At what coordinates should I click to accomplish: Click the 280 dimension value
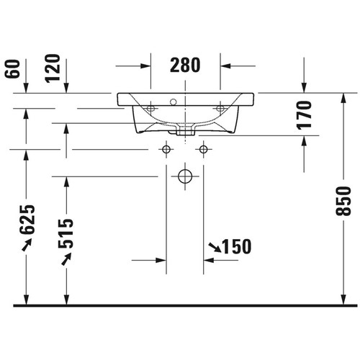[186, 66]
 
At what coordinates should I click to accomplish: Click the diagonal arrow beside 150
[215, 248]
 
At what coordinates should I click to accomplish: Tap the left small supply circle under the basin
[167, 150]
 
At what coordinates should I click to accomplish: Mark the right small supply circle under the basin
[204, 150]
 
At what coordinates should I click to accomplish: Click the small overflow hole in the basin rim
[173, 100]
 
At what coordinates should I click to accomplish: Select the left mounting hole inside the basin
[151, 109]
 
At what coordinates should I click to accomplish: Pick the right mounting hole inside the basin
[220, 109]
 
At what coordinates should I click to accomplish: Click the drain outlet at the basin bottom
[185, 132]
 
